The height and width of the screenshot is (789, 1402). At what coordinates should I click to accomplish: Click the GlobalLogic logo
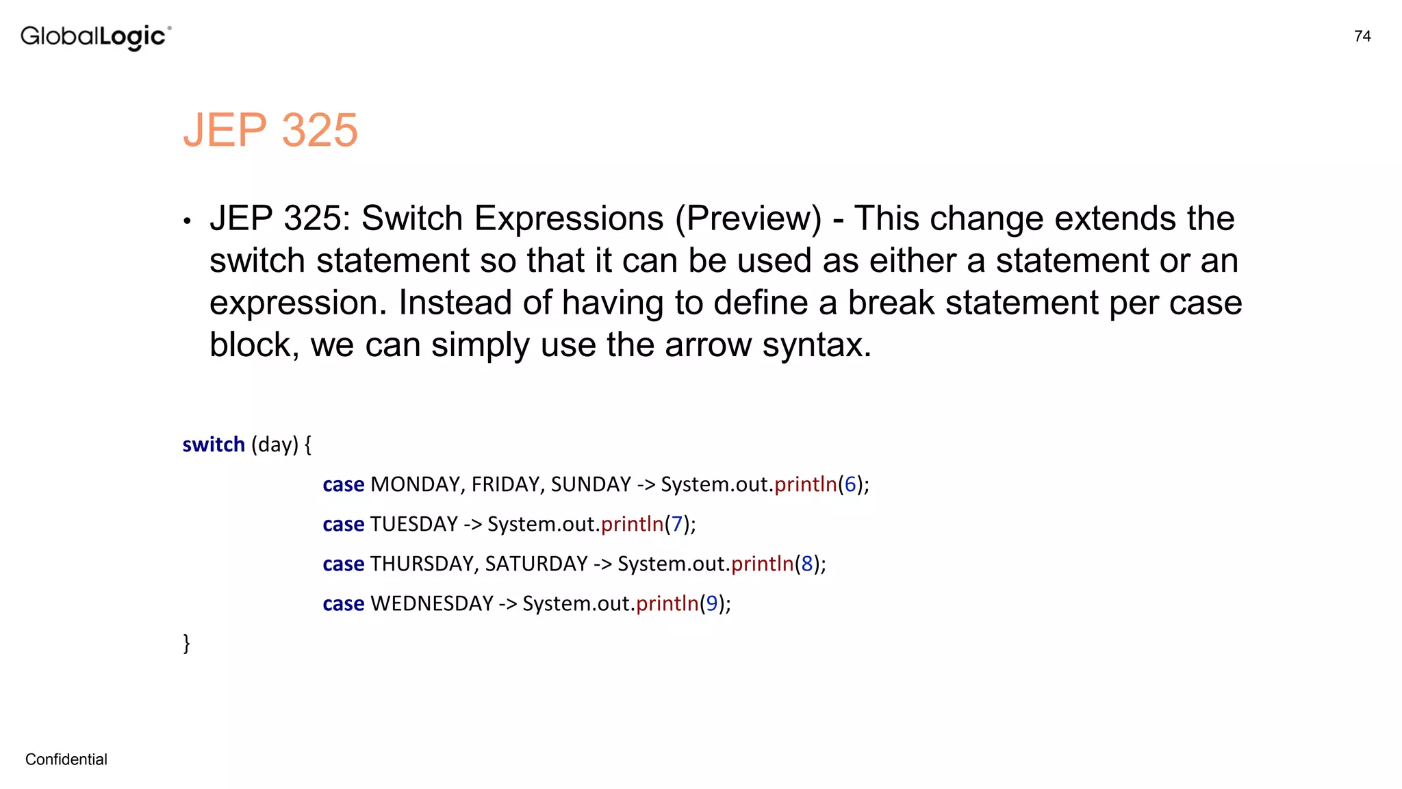[x=96, y=36]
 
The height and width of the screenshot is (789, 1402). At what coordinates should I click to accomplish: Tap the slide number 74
[x=1362, y=36]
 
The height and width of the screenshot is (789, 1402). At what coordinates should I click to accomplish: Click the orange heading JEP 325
[x=270, y=129]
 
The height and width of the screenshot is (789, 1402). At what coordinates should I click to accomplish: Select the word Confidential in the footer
[x=66, y=759]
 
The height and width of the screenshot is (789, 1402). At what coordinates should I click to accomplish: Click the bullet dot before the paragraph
[x=187, y=221]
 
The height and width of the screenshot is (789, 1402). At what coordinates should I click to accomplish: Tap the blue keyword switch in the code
[x=214, y=444]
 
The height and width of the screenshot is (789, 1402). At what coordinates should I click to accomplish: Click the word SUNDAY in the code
[x=591, y=484]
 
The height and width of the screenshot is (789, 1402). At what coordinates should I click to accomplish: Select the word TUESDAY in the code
[x=413, y=524]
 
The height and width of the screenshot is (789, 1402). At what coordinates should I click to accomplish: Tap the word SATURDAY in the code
[x=536, y=564]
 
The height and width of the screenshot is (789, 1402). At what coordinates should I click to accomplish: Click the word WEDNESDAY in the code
[x=432, y=603]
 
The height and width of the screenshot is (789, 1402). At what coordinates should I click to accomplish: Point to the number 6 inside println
[x=850, y=484]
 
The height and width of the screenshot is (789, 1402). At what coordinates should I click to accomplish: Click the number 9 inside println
[x=712, y=603]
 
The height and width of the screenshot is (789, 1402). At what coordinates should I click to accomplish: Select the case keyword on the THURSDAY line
[x=343, y=564]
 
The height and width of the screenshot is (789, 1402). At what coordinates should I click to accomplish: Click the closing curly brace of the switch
[x=186, y=643]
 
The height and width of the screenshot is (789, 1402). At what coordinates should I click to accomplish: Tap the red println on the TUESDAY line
[x=632, y=524]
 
